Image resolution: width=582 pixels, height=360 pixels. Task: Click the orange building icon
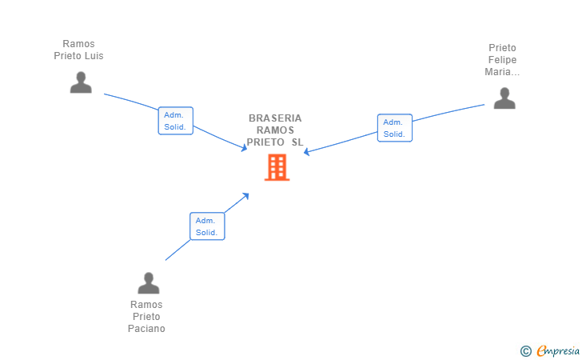coord(277,167)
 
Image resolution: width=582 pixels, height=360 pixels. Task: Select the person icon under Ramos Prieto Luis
coord(81,82)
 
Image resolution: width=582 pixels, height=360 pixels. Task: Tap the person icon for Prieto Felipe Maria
coord(504,98)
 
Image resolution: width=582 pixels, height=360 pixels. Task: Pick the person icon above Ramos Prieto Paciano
coord(149,283)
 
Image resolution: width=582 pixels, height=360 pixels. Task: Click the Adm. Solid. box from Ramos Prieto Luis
coord(176,121)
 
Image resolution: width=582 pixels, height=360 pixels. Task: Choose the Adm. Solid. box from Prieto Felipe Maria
coord(395,128)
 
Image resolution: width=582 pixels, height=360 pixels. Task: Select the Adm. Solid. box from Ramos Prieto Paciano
coord(207,226)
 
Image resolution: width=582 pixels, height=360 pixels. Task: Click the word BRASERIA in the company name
coord(275,118)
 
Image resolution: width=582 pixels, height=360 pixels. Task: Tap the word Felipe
coord(502,60)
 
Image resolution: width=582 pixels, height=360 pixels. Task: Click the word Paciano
coord(146,329)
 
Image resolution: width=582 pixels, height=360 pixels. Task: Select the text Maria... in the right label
coord(502,72)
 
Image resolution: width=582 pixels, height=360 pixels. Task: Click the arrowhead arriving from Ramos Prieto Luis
coord(244,148)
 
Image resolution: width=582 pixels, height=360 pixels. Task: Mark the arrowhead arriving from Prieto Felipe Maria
coord(307,151)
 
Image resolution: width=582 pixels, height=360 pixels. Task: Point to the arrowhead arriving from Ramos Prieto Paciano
coord(245,196)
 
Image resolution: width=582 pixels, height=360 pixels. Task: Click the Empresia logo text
coord(558,350)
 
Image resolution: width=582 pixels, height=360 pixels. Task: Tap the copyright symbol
coord(525,351)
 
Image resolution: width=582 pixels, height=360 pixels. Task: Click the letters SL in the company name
coord(297,142)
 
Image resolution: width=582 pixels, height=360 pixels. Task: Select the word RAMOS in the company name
coord(275,130)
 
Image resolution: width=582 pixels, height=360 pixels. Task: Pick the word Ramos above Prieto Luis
coord(78,44)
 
